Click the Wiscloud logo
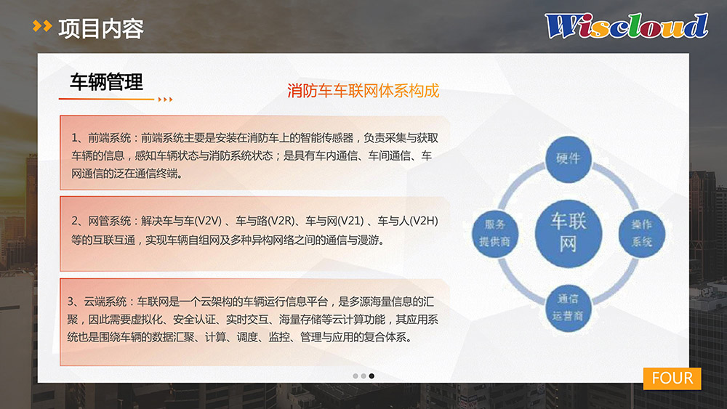627,25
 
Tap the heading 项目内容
101,29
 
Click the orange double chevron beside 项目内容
42,26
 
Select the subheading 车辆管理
106,82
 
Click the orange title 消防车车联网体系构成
363,91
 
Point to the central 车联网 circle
569,233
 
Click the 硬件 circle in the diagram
568,159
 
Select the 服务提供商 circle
494,233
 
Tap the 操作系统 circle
642,233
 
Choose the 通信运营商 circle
568,307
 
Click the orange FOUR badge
672,378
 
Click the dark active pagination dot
371,376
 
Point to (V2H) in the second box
423,221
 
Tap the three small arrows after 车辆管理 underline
165,99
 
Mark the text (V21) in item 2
350,221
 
